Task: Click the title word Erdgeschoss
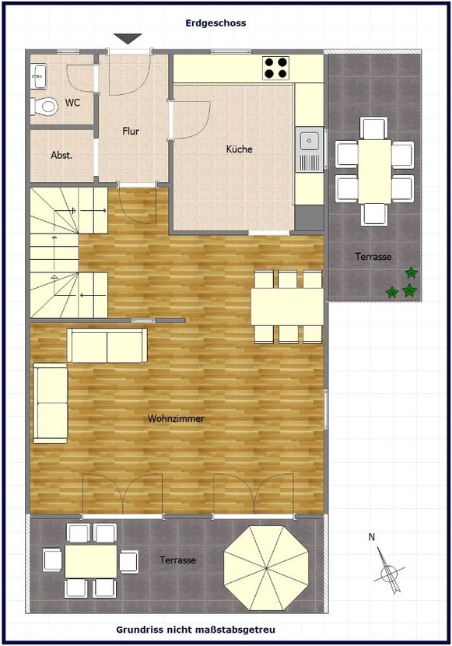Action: [x=215, y=23]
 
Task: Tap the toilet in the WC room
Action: [x=44, y=107]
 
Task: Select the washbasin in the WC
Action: [x=39, y=75]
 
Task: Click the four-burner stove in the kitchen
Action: [x=276, y=68]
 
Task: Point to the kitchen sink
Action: [x=310, y=149]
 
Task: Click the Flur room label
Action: [x=131, y=132]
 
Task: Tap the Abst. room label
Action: [x=61, y=156]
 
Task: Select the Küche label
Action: [x=239, y=149]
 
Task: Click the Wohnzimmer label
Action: [x=176, y=419]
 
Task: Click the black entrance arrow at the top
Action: [x=128, y=39]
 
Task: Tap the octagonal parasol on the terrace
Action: [x=266, y=567]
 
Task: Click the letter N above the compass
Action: [x=372, y=537]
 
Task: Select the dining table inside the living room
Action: [x=287, y=307]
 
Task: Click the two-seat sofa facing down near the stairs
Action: [x=107, y=346]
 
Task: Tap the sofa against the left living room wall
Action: [x=51, y=403]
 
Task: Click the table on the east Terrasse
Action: [x=374, y=171]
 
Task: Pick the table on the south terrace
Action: [x=91, y=561]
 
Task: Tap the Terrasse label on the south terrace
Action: [x=178, y=560]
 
